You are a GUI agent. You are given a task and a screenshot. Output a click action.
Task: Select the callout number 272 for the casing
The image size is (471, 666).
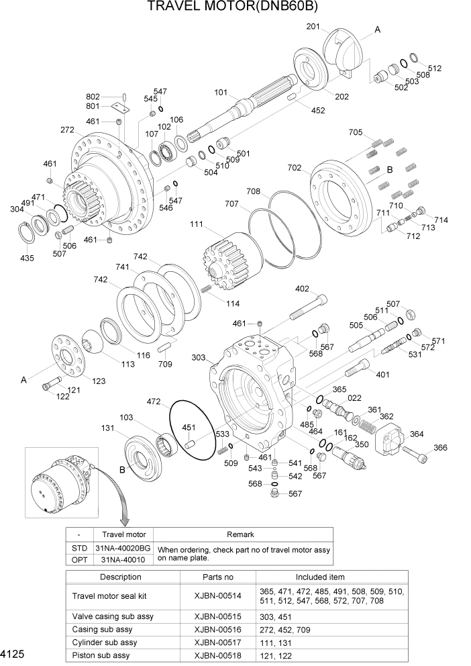tap(67, 130)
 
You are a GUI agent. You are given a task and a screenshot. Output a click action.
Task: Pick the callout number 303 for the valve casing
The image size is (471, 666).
tap(199, 358)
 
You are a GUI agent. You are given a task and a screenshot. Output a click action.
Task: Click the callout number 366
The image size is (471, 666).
tap(440, 448)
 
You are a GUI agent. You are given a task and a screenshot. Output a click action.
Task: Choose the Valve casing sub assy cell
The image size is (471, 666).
tap(106, 616)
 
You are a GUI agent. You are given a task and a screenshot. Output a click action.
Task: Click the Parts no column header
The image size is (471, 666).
tap(218, 577)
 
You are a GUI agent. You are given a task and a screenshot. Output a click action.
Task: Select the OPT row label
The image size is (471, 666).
tap(79, 559)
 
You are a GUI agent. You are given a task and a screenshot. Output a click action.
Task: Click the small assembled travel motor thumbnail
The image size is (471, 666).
tap(58, 484)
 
